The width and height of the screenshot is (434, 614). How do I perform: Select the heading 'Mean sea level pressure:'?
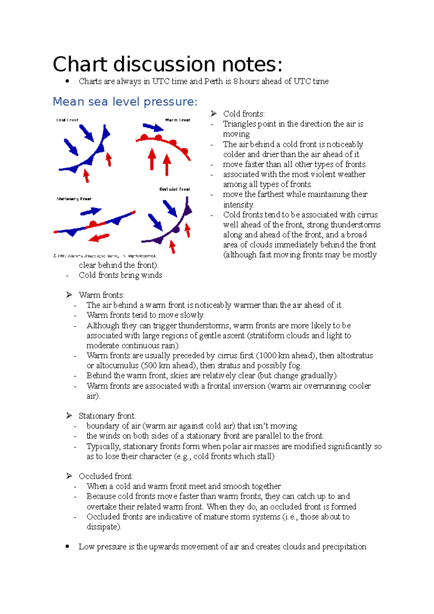click(x=125, y=102)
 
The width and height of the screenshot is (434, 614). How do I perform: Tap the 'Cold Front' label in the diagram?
click(x=67, y=120)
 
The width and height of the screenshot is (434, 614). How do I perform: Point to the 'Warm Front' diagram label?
click(x=178, y=120)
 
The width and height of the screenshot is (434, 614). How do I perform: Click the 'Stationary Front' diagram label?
click(x=74, y=199)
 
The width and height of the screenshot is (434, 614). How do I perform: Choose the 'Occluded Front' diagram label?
click(x=175, y=189)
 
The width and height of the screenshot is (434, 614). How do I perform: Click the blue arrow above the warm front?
click(x=153, y=127)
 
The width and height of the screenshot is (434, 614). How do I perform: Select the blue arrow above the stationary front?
click(x=91, y=212)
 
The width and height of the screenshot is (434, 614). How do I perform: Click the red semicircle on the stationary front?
click(x=93, y=224)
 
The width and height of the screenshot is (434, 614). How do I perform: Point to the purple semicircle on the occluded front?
click(x=176, y=230)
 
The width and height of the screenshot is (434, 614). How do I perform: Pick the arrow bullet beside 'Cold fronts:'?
click(x=213, y=114)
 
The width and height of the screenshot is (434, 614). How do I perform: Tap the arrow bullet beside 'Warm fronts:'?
click(x=69, y=295)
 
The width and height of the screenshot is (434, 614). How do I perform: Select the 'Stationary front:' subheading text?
click(x=107, y=416)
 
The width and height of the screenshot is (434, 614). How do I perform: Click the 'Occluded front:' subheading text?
click(x=106, y=476)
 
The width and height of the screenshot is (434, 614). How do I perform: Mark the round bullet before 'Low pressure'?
click(x=67, y=547)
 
